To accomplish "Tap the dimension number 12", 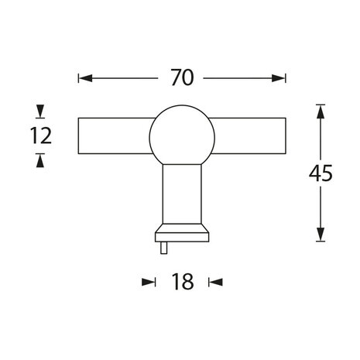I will [x=40, y=136].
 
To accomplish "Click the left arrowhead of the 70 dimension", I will [x=85, y=78].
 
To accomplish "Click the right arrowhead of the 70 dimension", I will [x=279, y=78].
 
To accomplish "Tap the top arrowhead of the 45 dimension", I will [x=320, y=111].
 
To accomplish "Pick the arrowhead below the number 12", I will [x=40, y=159].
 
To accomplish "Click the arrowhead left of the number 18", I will [x=149, y=282].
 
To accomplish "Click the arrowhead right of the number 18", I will [x=216, y=282].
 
